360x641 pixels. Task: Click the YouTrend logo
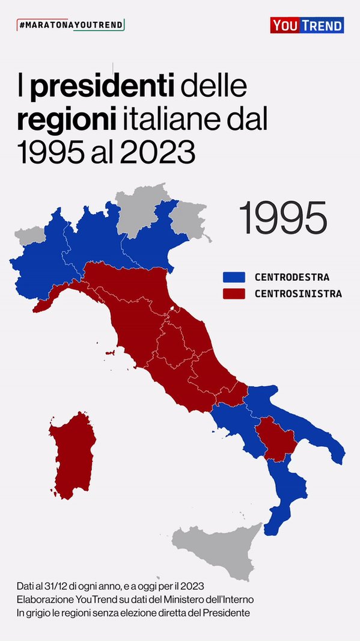click(x=307, y=25)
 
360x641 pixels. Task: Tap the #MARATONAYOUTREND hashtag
click(x=71, y=25)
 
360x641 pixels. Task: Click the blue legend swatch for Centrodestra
click(x=234, y=277)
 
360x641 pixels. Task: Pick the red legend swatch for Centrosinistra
click(x=234, y=294)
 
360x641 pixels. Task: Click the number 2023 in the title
click(x=158, y=153)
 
